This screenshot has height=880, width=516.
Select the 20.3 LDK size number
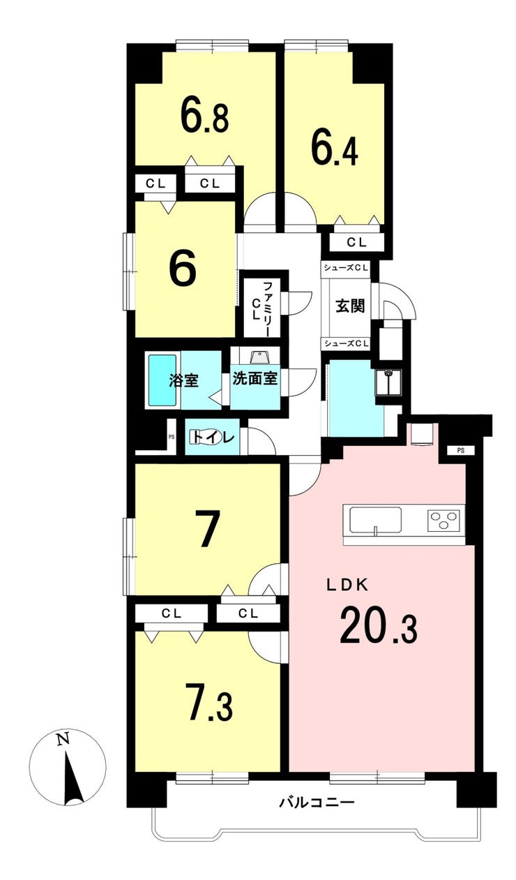pos(378,625)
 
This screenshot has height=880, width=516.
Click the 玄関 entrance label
pos(349,306)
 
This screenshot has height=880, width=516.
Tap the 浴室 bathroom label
pos(183,380)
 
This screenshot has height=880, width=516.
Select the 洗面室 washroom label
pos(255,378)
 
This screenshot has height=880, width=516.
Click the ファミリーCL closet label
pos(261,308)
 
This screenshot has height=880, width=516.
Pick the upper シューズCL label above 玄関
pos(346,268)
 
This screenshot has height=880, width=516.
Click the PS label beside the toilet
pos(172,436)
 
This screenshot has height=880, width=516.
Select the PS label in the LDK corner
pos(461,451)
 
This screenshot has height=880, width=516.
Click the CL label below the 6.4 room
pos(356,242)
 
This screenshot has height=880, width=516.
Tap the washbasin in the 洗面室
pos(258,357)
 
